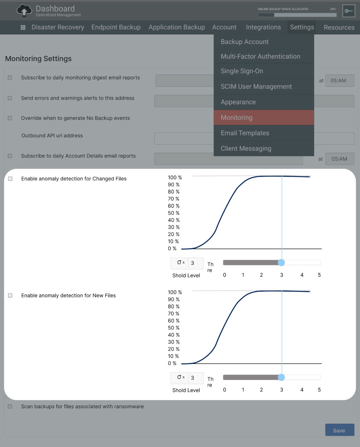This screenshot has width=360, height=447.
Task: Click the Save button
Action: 339,430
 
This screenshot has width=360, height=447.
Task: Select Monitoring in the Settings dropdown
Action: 264,118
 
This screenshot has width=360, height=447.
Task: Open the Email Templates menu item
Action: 264,133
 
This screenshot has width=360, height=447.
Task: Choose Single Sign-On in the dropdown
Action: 264,71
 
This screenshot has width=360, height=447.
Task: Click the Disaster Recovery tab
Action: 58,27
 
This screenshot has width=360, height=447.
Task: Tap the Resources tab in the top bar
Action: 339,27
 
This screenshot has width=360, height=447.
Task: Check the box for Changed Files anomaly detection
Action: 10,179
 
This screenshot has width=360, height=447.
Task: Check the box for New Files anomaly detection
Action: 10,296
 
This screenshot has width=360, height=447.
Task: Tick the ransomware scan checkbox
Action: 10,406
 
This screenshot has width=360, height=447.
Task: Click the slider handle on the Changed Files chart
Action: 281,262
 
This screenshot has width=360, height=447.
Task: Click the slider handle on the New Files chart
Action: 281,377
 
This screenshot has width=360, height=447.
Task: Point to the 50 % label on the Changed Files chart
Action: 173,213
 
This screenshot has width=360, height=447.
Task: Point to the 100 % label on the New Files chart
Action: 175,292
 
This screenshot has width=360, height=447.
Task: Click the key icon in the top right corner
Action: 348,11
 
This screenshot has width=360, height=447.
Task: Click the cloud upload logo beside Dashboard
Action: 24,10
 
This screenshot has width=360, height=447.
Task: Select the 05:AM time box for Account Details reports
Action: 339,159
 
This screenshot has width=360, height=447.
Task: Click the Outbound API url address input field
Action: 184,139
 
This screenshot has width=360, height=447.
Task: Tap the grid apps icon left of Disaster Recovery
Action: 23,27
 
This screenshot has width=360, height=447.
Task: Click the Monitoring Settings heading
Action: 38,59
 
